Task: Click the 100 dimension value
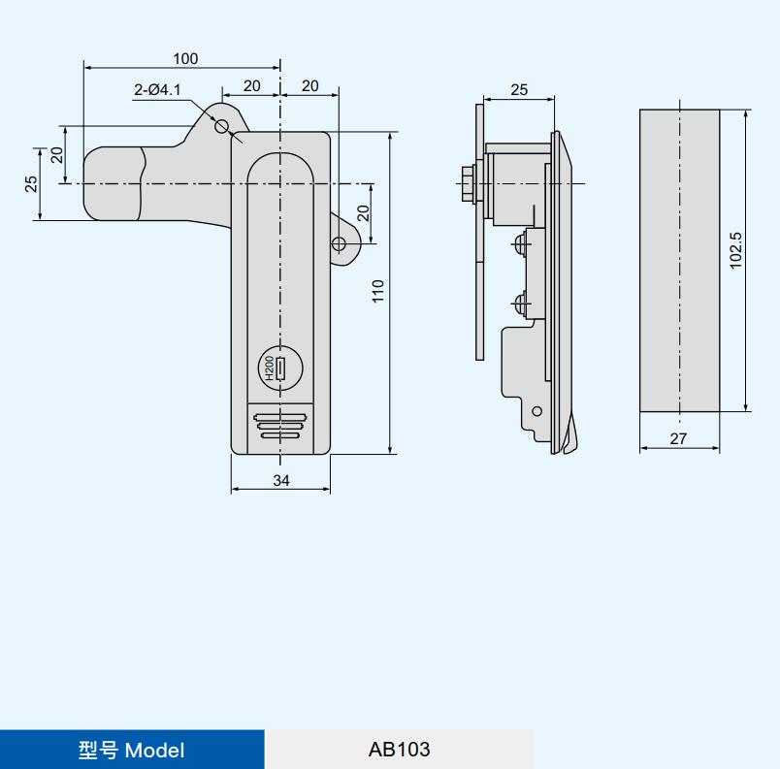(185, 58)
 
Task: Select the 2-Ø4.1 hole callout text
(157, 90)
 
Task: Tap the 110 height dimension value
(378, 291)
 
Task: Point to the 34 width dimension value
(281, 480)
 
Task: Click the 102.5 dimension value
(735, 250)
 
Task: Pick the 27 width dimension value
(678, 438)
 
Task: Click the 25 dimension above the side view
(519, 90)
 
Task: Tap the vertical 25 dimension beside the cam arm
(31, 184)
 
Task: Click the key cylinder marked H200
(280, 368)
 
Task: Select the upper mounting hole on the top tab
(222, 126)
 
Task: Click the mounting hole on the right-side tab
(339, 244)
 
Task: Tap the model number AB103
(399, 749)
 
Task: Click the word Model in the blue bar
(154, 751)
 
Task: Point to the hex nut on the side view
(469, 184)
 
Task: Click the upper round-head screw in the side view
(520, 243)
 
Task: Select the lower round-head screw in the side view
(520, 302)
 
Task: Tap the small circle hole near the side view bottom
(536, 411)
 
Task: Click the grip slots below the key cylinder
(279, 426)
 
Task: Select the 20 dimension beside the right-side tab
(364, 213)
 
